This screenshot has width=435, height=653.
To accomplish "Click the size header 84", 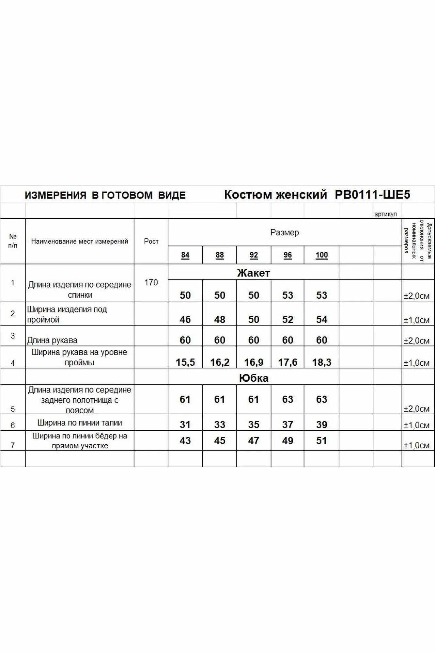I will coord(185,255).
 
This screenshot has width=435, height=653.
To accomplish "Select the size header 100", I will coord(321,255).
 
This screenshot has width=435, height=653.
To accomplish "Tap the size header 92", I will coord(254,255).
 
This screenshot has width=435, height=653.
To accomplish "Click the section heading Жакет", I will coord(253,273).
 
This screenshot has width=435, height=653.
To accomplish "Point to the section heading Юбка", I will coord(254,378).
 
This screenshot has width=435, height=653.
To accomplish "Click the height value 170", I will coord(151,282).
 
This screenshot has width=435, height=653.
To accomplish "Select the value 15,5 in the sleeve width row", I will coord(185,362).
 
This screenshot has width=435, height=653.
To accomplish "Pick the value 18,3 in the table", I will coord(321,362).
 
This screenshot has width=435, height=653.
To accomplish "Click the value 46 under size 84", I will coord(185,319).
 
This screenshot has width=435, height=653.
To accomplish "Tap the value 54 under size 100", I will coord(321,319).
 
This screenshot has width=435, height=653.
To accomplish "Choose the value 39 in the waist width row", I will coord(321,424).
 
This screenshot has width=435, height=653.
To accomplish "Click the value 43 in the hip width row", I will coord(185,440).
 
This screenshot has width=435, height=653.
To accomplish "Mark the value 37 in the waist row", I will coord(287,424).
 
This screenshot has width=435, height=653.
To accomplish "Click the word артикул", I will coord(385,214).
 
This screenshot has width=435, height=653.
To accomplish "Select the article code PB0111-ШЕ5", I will coord(372,195).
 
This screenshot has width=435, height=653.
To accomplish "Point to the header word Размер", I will coord(285,232).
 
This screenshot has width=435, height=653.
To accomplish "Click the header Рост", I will coord(151,241).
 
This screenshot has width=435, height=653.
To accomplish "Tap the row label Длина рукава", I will coord(52,340).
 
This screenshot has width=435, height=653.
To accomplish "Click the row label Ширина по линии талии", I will coord(80,423).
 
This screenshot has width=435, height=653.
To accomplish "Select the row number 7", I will coord(13,445).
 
